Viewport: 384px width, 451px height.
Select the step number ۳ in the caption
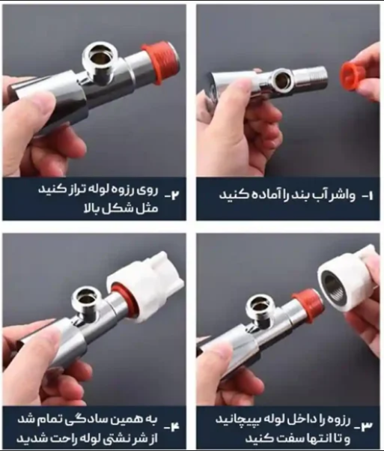click(x=367, y=426)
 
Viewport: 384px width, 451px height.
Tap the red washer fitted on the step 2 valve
click(x=157, y=63)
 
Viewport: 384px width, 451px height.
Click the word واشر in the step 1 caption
click(x=342, y=195)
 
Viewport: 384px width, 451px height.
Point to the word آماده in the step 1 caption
click(x=256, y=195)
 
